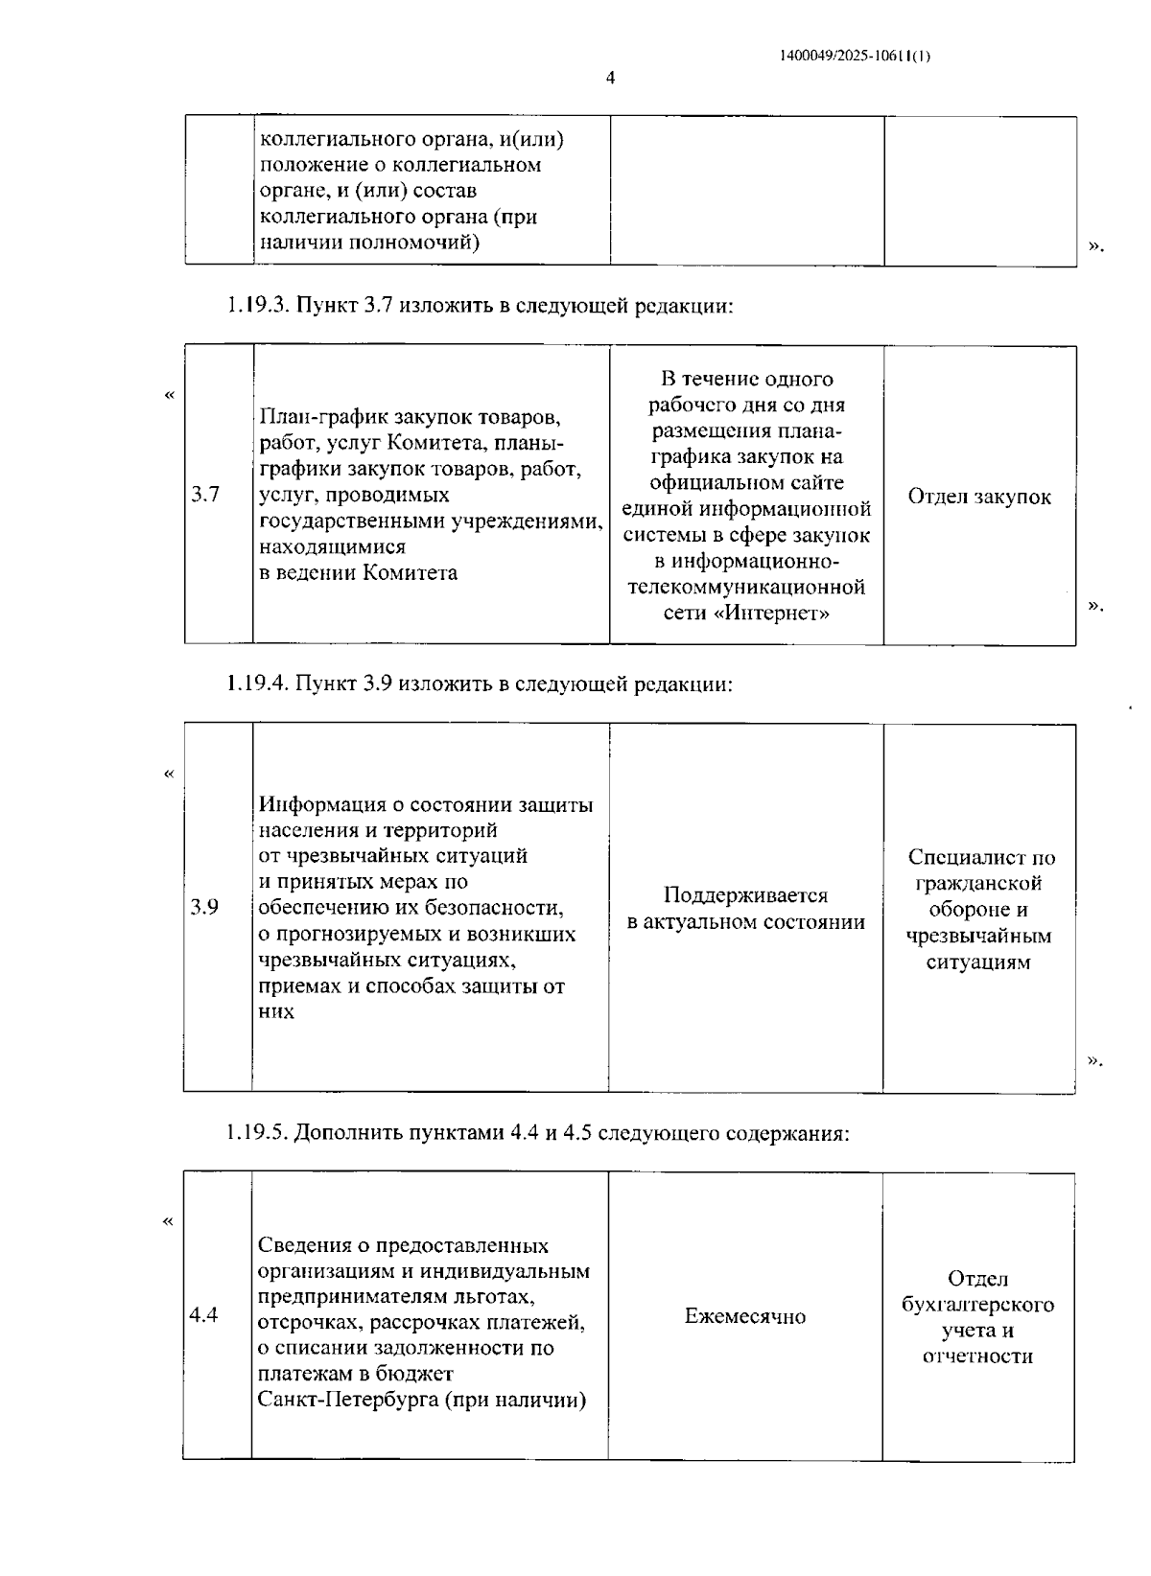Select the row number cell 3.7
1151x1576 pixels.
pos(204,496)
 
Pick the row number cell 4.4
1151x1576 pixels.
pos(203,1315)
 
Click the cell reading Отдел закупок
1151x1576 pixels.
pos(978,497)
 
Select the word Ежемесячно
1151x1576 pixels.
pos(744,1316)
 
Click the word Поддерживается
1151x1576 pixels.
pos(745,895)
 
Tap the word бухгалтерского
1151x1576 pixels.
pos(977,1305)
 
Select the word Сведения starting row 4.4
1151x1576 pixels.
pos(301,1245)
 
